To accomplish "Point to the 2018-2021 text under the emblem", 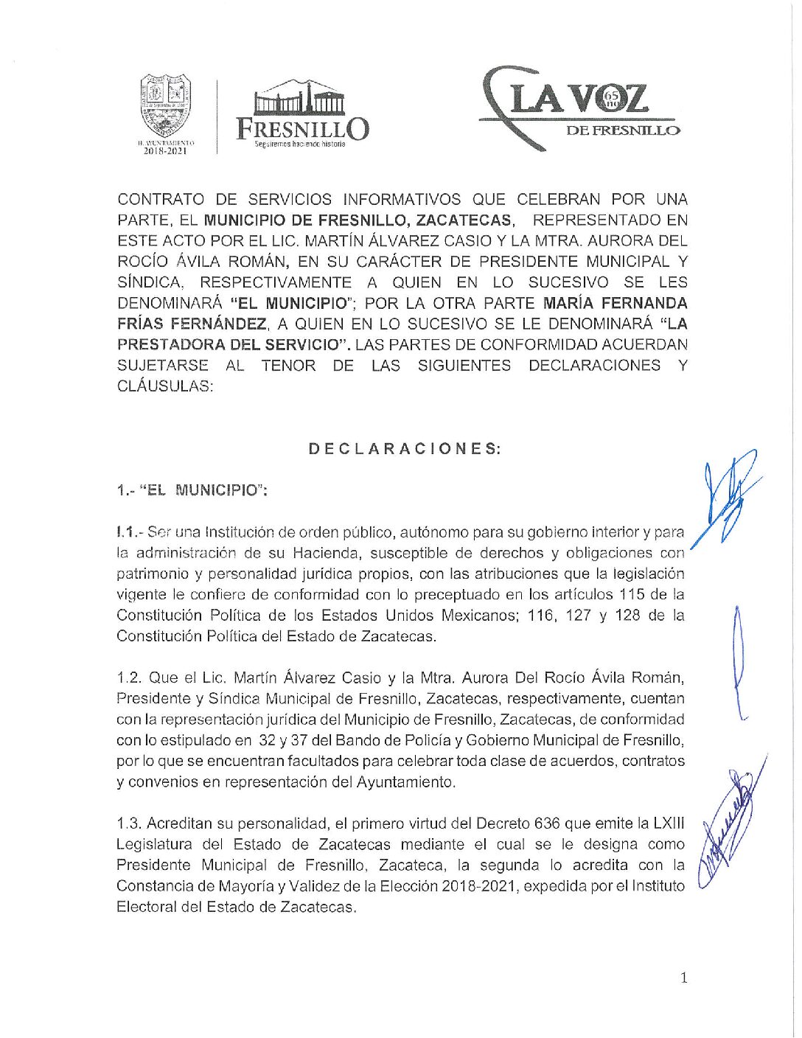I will coord(166,151).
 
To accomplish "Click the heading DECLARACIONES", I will coord(405,449).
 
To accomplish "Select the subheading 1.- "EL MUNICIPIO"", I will coord(192,490).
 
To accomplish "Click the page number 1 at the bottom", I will coord(684,978).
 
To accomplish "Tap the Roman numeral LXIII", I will coord(669,823).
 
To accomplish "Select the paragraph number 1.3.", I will coord(129,823).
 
